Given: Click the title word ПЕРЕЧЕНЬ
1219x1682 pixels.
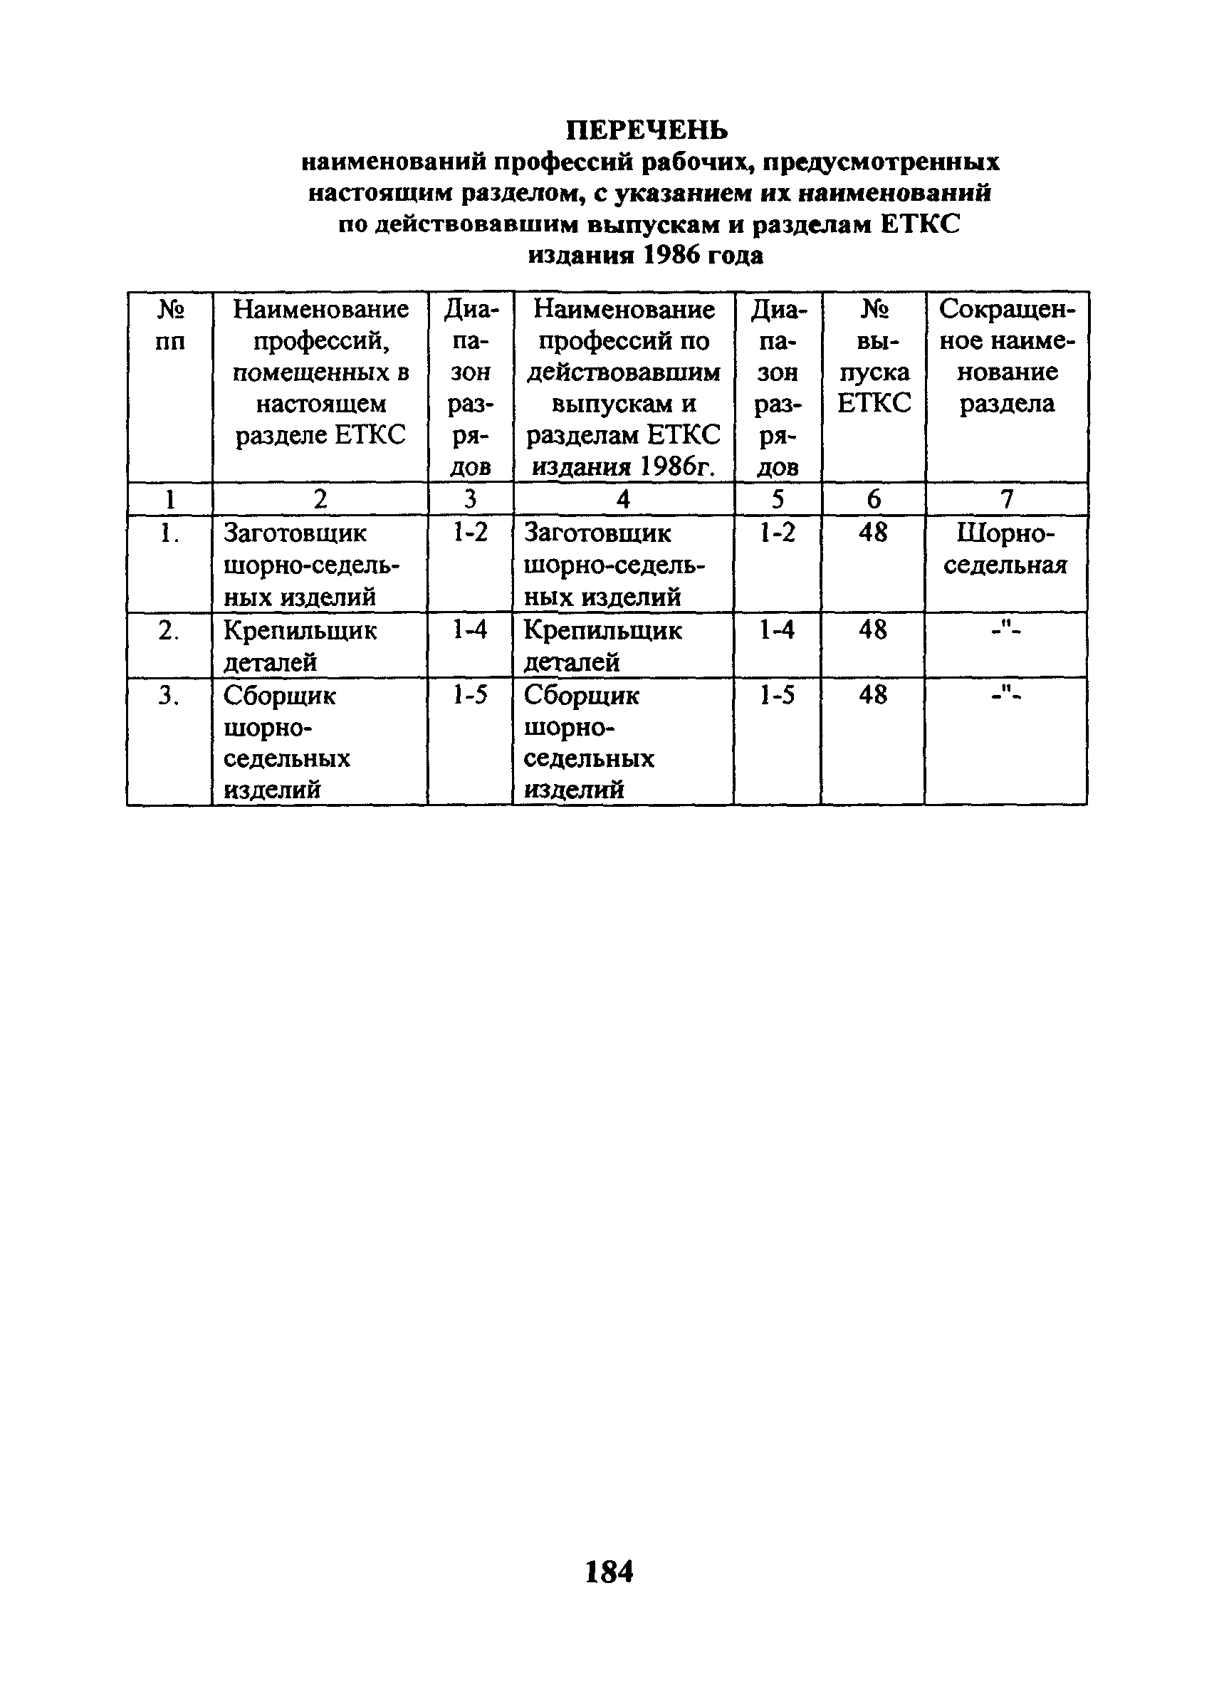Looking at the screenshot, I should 647,130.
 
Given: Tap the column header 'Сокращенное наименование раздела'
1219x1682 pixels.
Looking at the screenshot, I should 1006,356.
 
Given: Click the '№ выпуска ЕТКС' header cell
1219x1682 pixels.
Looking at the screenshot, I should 874,356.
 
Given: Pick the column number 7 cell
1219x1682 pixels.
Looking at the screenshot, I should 1006,500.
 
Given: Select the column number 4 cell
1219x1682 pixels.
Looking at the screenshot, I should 623,500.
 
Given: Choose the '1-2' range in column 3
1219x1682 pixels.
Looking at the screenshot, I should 470,533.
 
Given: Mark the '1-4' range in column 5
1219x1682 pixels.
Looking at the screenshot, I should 777,630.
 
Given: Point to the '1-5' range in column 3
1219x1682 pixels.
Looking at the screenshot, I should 470,696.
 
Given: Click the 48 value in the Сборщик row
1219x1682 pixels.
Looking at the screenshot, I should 873,696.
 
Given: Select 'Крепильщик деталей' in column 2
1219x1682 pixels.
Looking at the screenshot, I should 300,645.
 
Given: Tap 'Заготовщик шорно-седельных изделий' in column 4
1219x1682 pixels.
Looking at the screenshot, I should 614,565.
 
